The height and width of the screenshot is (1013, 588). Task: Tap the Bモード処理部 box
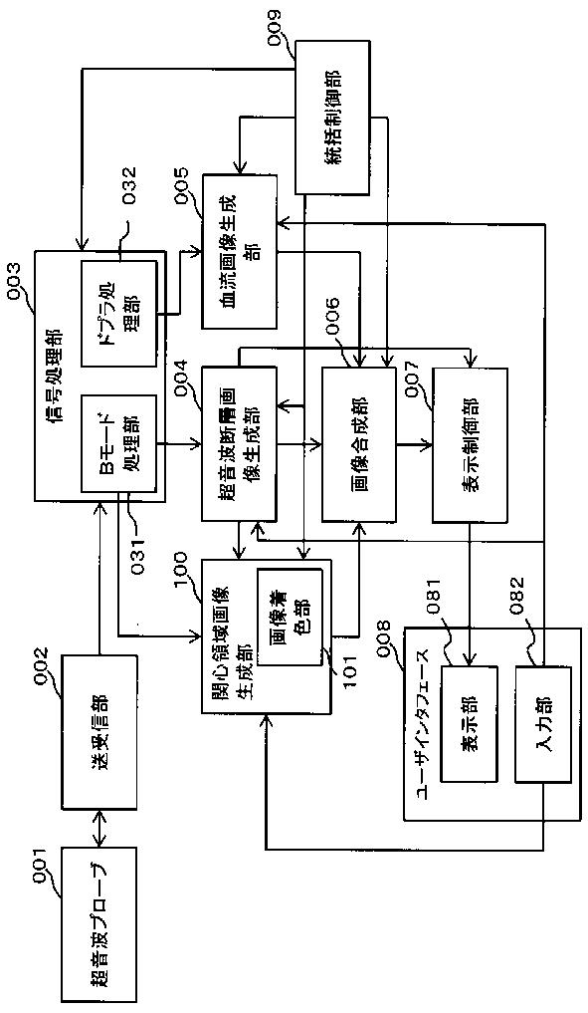pyautogui.click(x=118, y=443)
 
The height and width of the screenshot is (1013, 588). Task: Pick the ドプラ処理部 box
pyautogui.click(x=118, y=312)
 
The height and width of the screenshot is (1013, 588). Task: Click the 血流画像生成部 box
pyautogui.click(x=240, y=251)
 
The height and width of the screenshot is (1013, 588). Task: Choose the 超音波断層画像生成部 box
pyautogui.click(x=240, y=443)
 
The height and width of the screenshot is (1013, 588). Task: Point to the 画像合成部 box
pyautogui.click(x=359, y=443)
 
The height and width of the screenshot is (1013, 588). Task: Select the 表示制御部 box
pyautogui.click(x=470, y=443)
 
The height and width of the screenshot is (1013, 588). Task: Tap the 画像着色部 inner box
pyautogui.click(x=290, y=617)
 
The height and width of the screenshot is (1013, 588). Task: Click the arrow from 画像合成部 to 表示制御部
pyautogui.click(x=414, y=443)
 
